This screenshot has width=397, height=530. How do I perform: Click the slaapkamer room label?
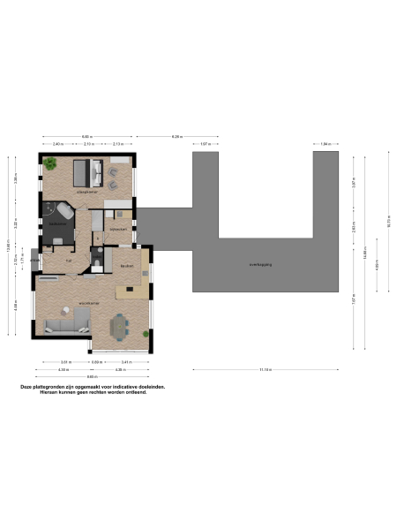(86, 191)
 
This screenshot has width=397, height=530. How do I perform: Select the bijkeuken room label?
(118, 230)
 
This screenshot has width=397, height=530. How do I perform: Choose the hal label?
(68, 260)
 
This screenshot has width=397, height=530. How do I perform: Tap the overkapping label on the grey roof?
(262, 263)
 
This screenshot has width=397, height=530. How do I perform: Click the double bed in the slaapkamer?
(85, 171)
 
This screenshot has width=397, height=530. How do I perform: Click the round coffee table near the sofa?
(66, 309)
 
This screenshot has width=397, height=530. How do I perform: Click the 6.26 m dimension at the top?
(176, 136)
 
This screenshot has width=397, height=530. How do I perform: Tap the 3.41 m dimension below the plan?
(125, 362)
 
